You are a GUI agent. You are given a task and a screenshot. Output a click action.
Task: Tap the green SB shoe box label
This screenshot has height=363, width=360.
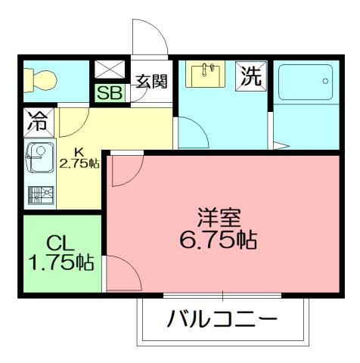point(108,93)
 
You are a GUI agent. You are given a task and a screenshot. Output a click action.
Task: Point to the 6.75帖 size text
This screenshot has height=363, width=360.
point(219,240)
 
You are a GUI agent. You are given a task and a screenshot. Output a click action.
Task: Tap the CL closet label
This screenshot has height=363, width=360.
point(59,244)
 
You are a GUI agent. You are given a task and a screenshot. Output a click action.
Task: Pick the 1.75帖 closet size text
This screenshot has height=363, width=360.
point(61,262)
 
